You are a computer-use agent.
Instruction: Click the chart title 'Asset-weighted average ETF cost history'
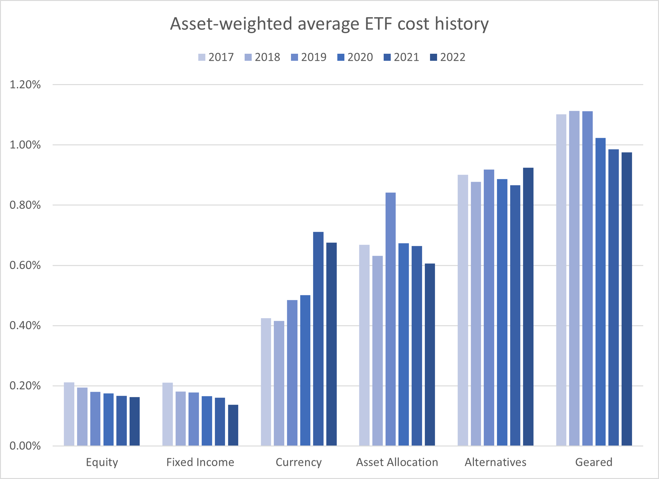[x=329, y=24]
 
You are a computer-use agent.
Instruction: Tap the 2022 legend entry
[x=448, y=57]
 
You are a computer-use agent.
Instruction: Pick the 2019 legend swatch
[x=294, y=57]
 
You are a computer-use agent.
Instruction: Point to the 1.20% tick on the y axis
[x=25, y=85]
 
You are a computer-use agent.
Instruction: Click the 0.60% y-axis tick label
[x=25, y=265]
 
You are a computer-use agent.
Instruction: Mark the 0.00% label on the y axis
[x=25, y=446]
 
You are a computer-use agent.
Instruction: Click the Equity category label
[x=102, y=462]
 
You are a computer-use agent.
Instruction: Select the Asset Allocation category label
[x=397, y=462]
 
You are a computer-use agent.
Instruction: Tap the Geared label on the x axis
[x=594, y=462]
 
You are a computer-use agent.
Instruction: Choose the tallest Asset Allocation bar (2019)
[x=390, y=319]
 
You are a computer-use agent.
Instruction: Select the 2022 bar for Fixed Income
[x=233, y=425]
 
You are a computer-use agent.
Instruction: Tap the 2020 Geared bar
[x=600, y=292]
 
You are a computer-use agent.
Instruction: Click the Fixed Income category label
[x=200, y=462]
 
